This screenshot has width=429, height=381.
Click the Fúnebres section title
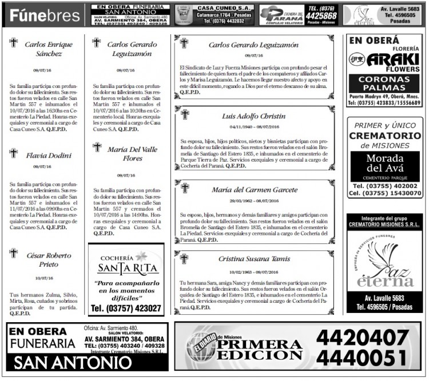[45, 15]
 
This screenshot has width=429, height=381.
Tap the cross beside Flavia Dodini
[14, 153]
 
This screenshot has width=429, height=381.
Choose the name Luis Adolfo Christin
[253, 116]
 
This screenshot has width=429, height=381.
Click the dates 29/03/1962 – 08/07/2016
[253, 201]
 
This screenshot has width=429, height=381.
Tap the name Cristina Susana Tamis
[254, 259]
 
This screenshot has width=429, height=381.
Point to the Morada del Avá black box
[384, 166]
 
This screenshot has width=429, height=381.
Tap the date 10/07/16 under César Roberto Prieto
[44, 278]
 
